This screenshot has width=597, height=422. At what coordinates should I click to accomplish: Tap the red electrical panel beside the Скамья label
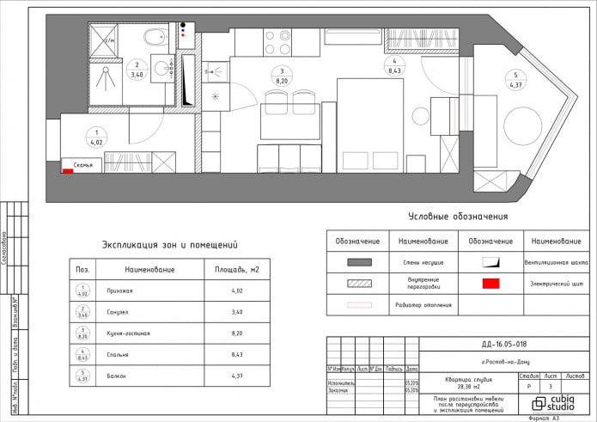click(67, 171)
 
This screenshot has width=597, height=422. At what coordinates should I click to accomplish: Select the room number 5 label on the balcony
click(515, 74)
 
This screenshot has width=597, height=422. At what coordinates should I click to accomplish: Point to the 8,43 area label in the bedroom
click(394, 71)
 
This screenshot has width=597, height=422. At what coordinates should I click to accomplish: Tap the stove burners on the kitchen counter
click(275, 42)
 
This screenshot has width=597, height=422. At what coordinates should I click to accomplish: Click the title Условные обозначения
click(457, 217)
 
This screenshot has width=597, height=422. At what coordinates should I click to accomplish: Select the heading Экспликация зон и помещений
click(169, 245)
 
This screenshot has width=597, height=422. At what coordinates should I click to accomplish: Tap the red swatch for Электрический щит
click(490, 283)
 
